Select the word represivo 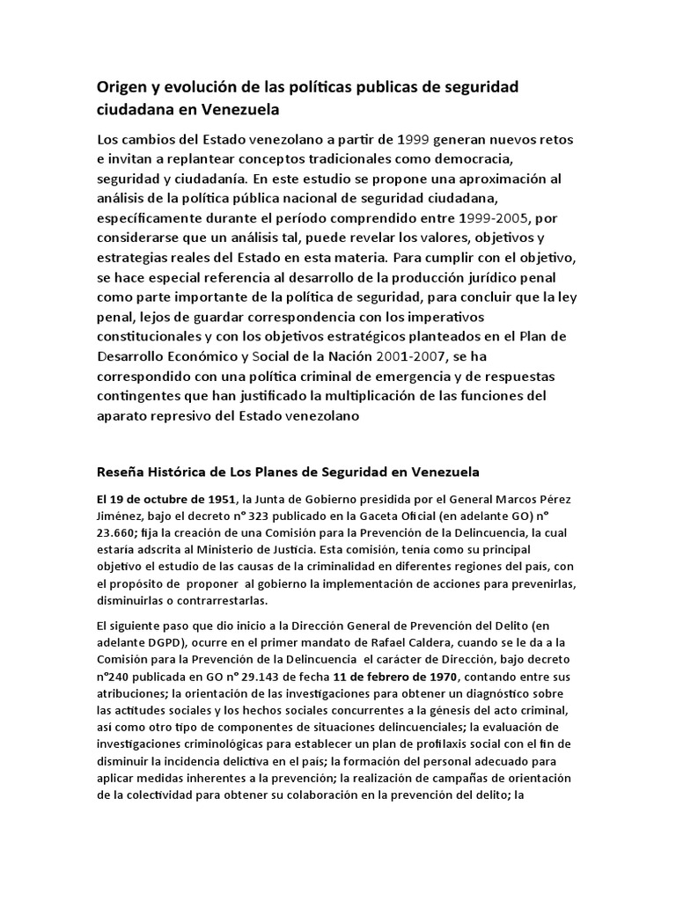point(187,417)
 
